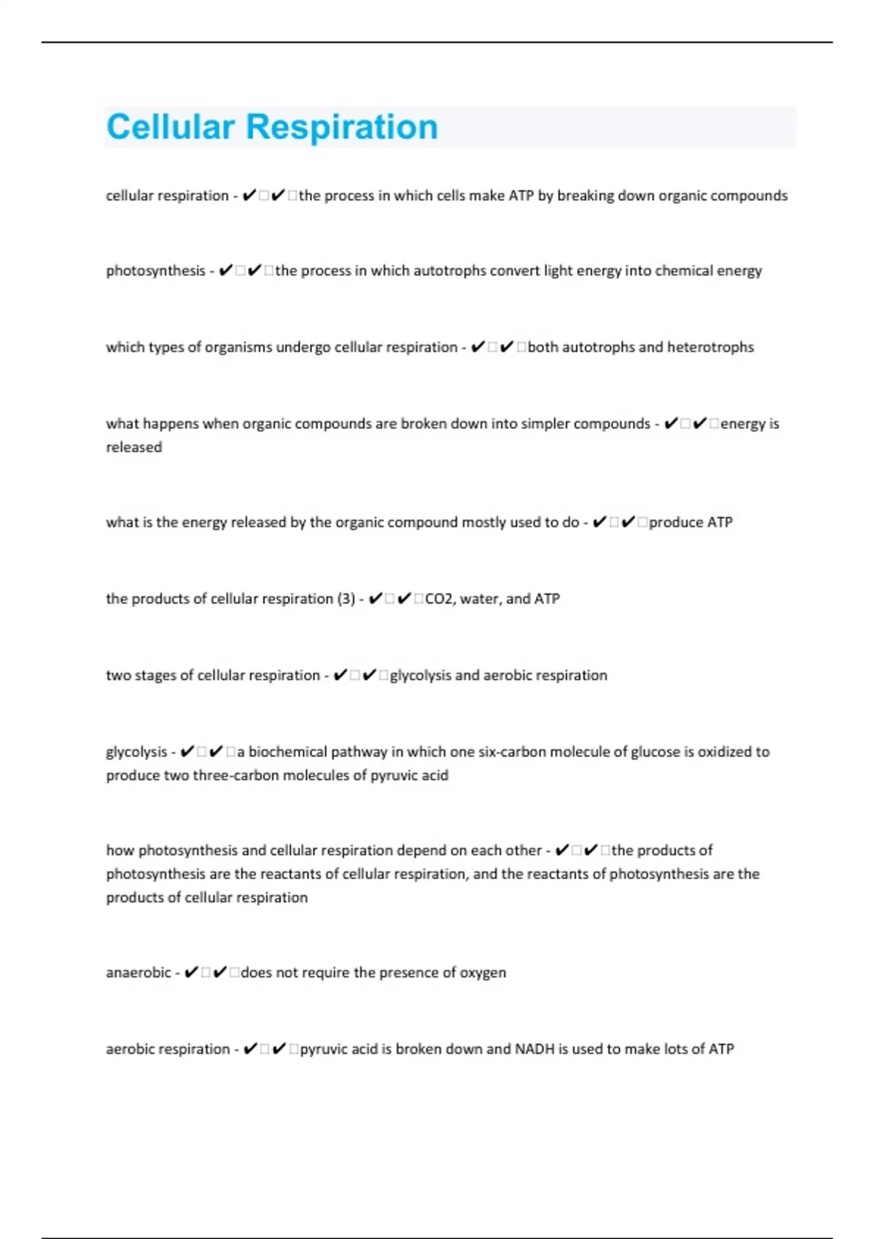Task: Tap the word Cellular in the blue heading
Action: coord(171,127)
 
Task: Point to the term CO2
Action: coord(439,598)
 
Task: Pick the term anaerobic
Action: coord(139,972)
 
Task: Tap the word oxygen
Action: coord(482,972)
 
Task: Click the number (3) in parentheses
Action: coord(346,598)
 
